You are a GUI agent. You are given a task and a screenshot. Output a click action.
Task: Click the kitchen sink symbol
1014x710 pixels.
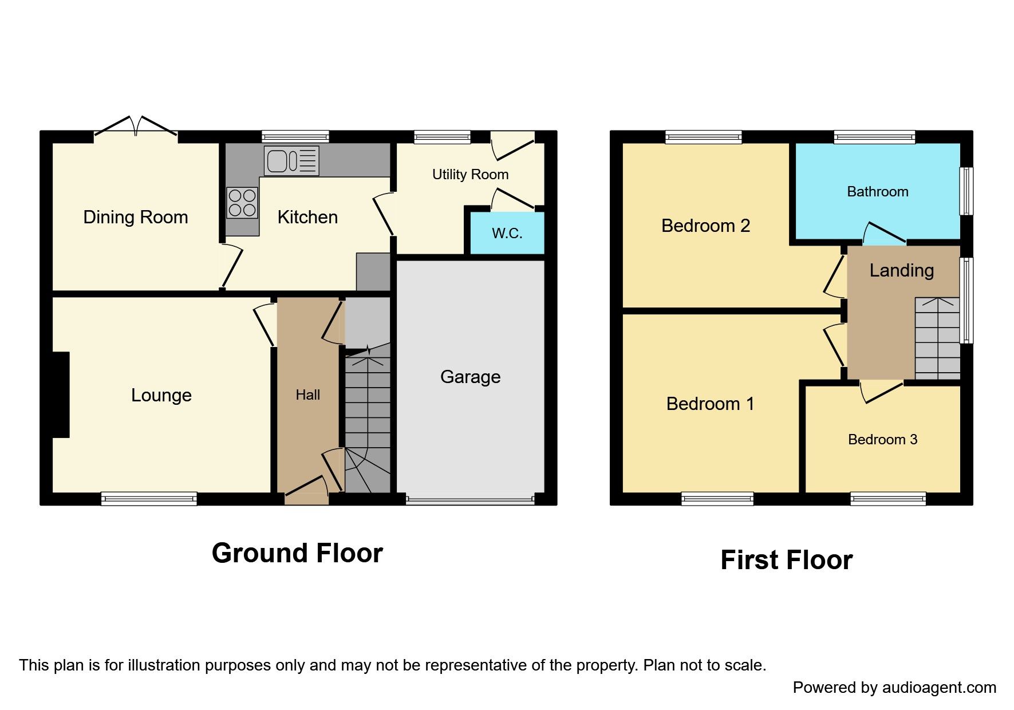click(291, 161)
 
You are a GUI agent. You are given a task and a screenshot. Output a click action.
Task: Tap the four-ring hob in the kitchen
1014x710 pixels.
click(242, 203)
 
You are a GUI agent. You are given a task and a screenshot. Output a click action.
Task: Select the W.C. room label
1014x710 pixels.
click(507, 233)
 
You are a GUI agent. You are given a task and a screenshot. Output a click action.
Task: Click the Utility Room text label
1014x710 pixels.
click(470, 175)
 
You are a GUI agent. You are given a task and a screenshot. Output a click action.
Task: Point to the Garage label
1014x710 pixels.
click(470, 377)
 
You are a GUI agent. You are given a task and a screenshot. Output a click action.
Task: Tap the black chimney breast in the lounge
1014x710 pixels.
click(61, 395)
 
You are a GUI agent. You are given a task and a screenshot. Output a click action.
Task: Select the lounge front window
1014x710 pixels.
click(149, 499)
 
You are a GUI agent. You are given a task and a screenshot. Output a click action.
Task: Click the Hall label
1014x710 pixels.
click(307, 395)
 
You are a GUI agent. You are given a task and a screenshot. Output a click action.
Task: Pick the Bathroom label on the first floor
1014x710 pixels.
click(877, 192)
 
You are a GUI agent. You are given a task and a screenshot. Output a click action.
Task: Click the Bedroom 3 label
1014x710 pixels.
click(882, 439)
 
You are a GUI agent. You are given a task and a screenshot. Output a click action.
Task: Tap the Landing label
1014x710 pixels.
click(901, 270)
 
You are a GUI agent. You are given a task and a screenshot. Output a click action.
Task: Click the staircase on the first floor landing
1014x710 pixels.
click(937, 338)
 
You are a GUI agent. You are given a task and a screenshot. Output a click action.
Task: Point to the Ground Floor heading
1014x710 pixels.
click(297, 553)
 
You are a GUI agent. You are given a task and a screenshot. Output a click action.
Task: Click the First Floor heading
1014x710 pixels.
click(786, 560)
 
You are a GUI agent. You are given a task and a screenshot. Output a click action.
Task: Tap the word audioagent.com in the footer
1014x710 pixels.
click(939, 688)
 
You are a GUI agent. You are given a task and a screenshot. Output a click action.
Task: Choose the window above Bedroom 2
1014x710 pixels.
click(704, 137)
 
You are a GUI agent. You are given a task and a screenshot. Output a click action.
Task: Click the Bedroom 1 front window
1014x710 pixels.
click(717, 499)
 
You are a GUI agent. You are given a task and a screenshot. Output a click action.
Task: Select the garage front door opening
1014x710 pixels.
click(470, 500)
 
